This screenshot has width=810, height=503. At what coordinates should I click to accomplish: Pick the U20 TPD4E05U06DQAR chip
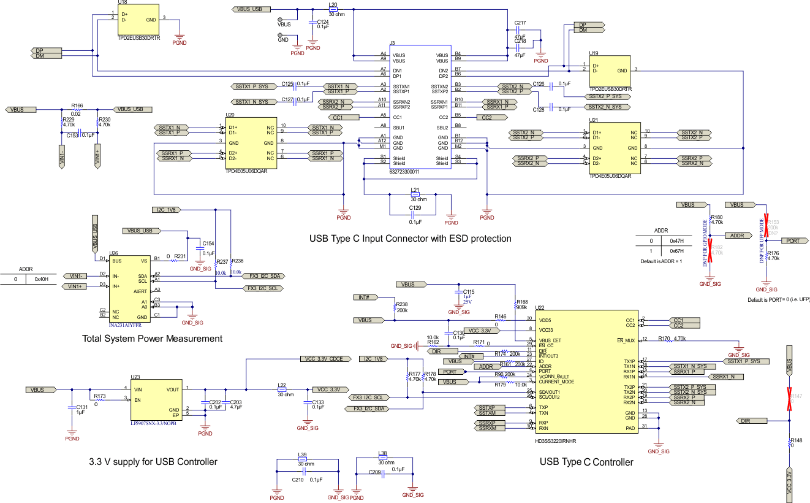pos(251,143)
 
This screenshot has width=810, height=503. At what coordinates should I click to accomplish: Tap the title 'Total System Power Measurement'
pos(152,339)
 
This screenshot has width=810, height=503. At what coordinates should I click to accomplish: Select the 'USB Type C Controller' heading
pos(586,462)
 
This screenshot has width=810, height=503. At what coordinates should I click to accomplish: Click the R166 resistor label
pos(77,106)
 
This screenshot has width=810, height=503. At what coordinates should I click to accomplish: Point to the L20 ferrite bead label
pos(333,4)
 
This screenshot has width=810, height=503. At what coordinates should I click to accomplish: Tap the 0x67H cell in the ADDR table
pos(676,251)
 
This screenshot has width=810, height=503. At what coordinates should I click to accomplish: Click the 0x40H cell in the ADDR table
pos(41,280)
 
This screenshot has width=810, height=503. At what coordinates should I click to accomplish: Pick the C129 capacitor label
pos(415,209)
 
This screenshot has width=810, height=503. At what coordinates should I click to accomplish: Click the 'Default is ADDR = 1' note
pos(662,261)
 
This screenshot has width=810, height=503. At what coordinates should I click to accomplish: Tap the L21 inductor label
pos(415,190)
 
